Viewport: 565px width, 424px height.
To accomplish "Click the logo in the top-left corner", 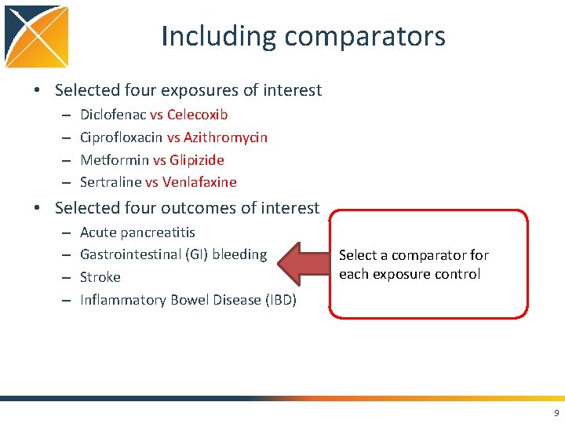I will [36, 36].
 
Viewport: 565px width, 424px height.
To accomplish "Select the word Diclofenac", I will [113, 115].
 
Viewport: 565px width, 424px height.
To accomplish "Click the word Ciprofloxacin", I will [121, 137].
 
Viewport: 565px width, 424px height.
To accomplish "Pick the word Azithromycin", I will [225, 137].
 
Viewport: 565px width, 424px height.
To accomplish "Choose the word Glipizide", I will [197, 160].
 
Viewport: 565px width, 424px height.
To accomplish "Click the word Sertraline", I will [111, 183].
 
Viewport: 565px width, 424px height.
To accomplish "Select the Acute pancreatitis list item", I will [137, 232].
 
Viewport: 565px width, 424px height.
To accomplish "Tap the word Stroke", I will [100, 277].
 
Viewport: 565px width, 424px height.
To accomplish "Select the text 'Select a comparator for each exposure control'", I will [414, 265].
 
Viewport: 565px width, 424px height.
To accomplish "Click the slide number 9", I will [556, 413].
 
